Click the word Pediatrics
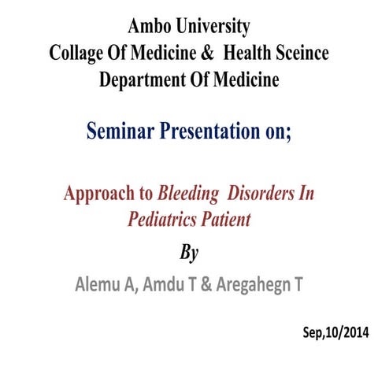click(x=160, y=219)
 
